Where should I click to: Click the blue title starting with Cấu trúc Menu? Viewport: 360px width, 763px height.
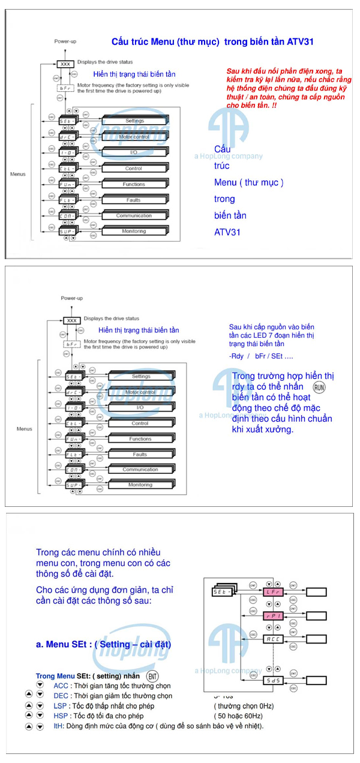pyautogui.click(x=212, y=42)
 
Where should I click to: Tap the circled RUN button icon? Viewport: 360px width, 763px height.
pyautogui.click(x=320, y=387)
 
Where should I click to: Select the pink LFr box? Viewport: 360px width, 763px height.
pyautogui.click(x=273, y=592)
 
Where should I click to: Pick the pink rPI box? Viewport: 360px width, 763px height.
pyautogui.click(x=273, y=615)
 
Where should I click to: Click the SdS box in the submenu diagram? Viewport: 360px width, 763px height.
pyautogui.click(x=273, y=680)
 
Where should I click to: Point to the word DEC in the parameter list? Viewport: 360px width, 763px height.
pyautogui.click(x=61, y=696)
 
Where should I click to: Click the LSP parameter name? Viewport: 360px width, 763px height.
pyautogui.click(x=60, y=706)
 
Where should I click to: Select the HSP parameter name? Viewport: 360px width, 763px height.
pyautogui.click(x=61, y=716)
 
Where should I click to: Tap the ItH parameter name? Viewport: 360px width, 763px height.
pyautogui.click(x=58, y=726)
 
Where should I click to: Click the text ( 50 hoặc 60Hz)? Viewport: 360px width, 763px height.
pyautogui.click(x=238, y=716)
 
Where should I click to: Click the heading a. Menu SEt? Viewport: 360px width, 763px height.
pyautogui.click(x=103, y=645)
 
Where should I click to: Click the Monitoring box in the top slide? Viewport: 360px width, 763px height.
pyautogui.click(x=134, y=231)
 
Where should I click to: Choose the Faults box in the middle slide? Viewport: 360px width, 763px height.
pyautogui.click(x=140, y=455)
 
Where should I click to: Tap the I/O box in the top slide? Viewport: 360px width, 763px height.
pyautogui.click(x=134, y=152)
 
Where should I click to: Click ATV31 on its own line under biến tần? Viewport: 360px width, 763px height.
pyautogui.click(x=227, y=232)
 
